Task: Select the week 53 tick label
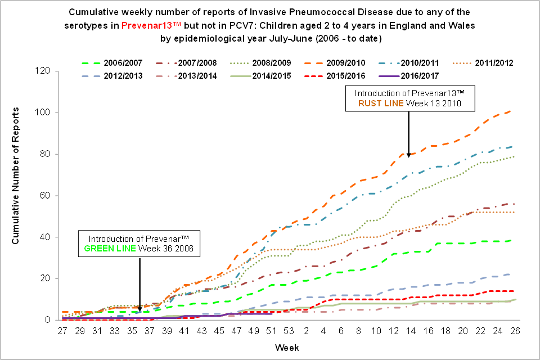pyautogui.click(x=289, y=330)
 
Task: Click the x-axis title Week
pyautogui.click(x=284, y=348)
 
